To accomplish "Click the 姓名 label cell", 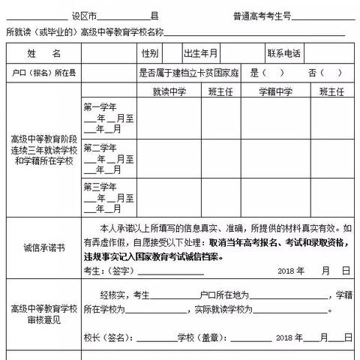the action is (x=43, y=54).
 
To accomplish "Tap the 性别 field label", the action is (x=149, y=54).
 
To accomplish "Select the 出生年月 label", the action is (x=200, y=54).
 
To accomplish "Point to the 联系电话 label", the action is (x=283, y=54).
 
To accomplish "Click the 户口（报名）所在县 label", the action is (x=43, y=73).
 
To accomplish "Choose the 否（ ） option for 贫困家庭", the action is (x=323, y=73).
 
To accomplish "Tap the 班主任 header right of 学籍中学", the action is (x=331, y=91).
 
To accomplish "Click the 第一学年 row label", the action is (x=100, y=106).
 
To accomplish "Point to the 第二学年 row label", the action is (x=100, y=147).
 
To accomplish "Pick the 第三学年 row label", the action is (x=100, y=187).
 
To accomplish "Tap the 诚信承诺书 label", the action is (x=43, y=247).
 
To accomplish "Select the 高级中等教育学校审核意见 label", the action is (x=43, y=313).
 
